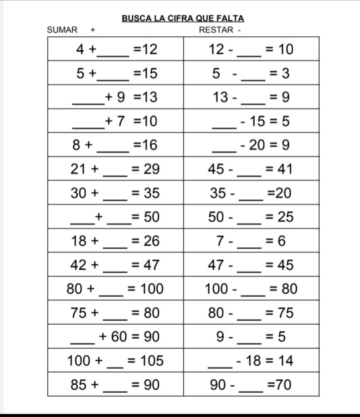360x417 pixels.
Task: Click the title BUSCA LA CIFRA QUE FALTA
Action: (183, 18)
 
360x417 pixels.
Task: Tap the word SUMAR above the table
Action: (62, 30)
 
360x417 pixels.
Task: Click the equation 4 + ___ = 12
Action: (116, 50)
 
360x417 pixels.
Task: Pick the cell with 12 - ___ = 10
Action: (251, 50)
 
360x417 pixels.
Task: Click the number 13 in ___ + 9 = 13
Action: (149, 97)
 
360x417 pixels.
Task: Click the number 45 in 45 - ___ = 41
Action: (216, 169)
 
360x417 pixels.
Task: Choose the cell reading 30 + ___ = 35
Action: (116, 193)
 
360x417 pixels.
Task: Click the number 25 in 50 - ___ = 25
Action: (285, 217)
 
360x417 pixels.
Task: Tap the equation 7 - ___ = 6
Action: (251, 241)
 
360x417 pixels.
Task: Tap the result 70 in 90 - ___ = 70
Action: (284, 384)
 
